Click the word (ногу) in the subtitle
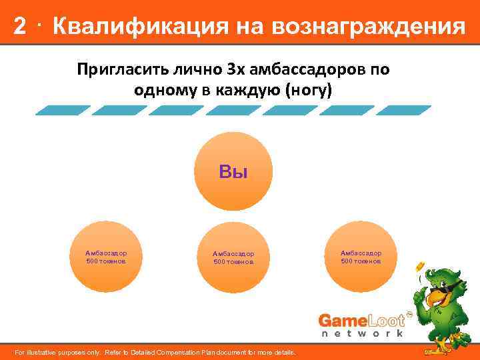click(x=307, y=91)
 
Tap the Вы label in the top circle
click(x=233, y=172)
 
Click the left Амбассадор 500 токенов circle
click(x=107, y=257)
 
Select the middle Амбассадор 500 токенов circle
click(x=233, y=257)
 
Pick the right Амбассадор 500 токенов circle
click(x=361, y=257)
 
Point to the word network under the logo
click(x=362, y=333)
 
